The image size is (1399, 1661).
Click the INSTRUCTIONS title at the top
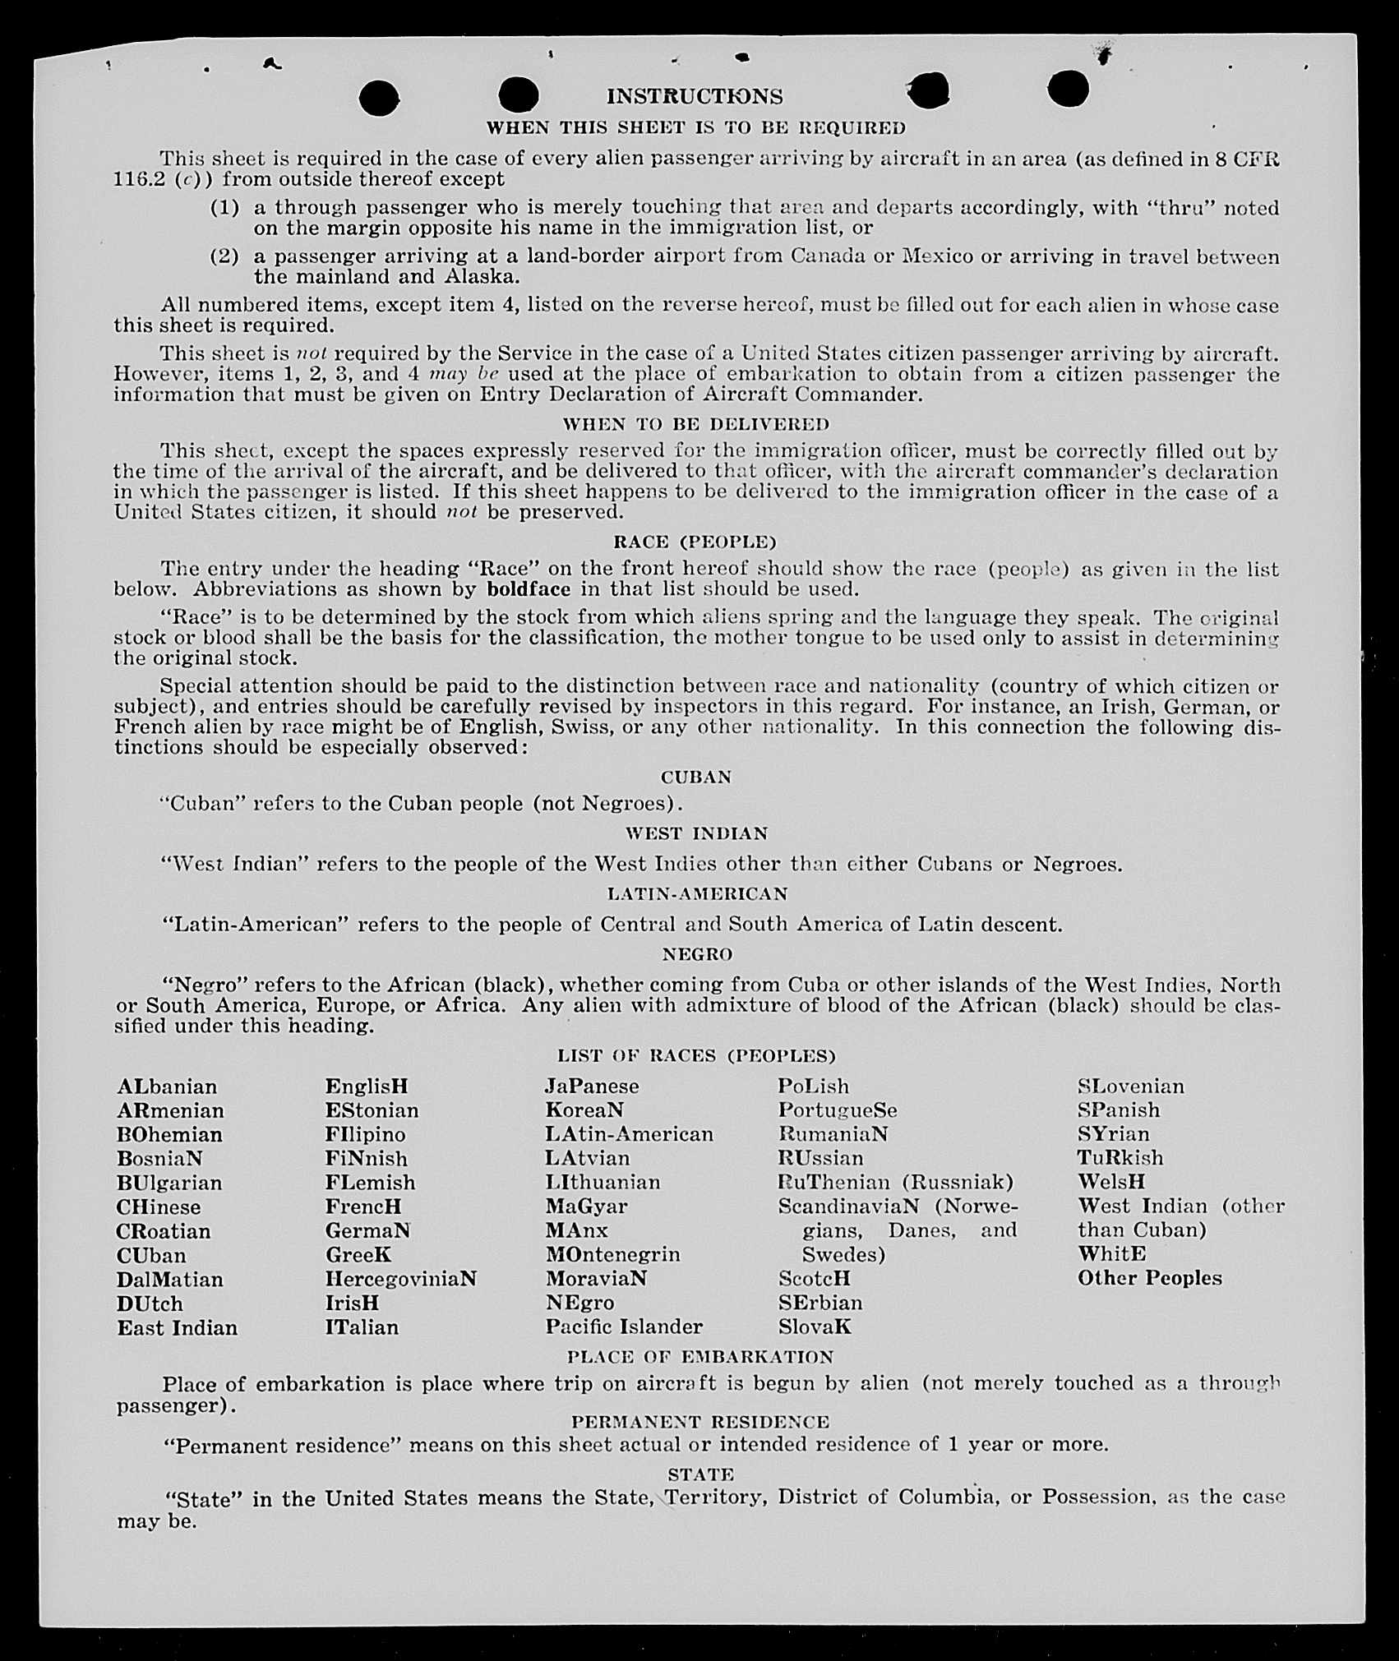[x=695, y=97]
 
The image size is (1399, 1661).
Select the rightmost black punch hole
[x=1069, y=88]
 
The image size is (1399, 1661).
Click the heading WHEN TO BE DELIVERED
[x=695, y=424]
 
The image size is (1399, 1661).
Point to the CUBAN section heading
[x=695, y=777]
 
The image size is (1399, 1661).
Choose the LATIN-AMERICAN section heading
[x=697, y=893]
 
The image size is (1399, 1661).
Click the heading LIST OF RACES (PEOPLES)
[x=695, y=1055]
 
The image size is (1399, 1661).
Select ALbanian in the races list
[x=167, y=1087]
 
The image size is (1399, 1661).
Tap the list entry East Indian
[x=177, y=1327]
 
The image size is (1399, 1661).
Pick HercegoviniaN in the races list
[x=400, y=1279]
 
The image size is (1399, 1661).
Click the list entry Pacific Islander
[x=624, y=1326]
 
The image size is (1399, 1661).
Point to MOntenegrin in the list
[x=612, y=1255]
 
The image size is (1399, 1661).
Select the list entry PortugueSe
[x=837, y=1110]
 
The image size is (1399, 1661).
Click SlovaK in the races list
[x=815, y=1326]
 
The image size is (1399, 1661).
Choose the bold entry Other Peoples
[x=1149, y=1278]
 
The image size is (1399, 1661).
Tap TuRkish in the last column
[x=1120, y=1158]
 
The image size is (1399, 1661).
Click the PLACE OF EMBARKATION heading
[x=699, y=1357]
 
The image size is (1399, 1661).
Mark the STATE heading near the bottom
[x=700, y=1474]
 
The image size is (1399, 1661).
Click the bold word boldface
[x=527, y=589]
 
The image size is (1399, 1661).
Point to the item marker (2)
[x=224, y=256]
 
